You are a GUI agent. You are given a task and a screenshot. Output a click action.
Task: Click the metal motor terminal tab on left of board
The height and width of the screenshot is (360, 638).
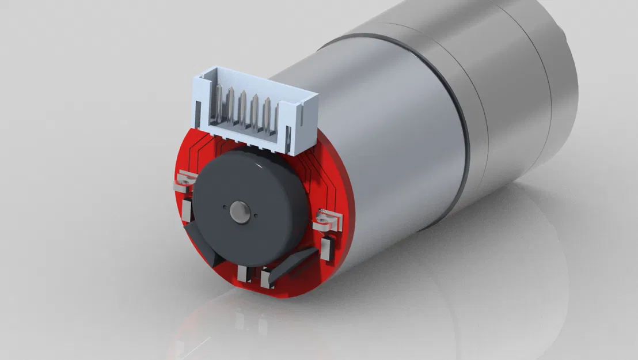[x=184, y=181]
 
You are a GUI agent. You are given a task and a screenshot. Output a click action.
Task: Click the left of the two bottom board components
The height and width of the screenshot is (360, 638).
[x=243, y=274]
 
